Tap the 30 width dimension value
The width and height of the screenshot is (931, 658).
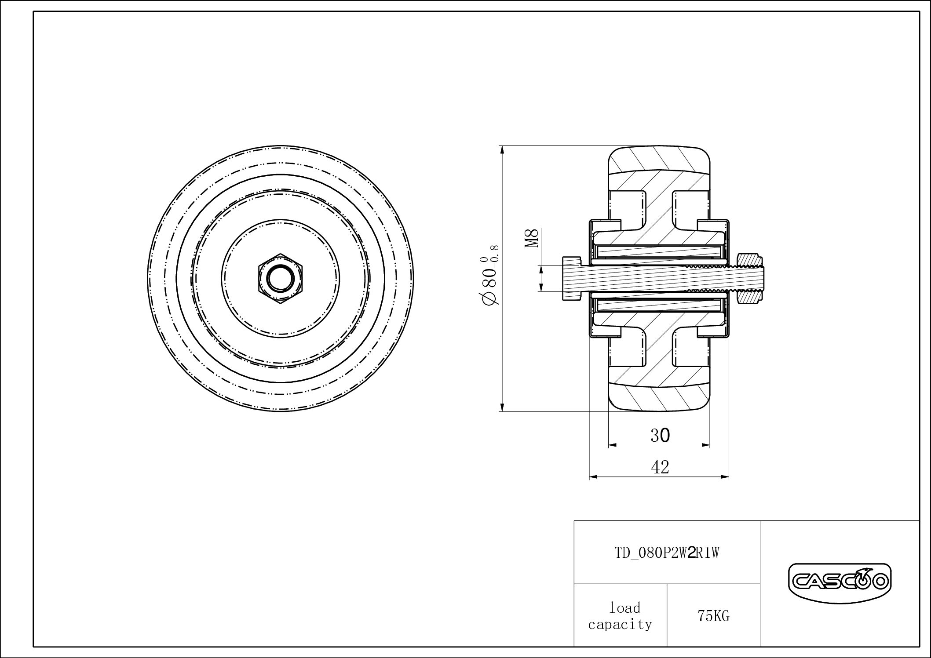click(x=660, y=435)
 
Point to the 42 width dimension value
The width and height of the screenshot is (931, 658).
click(x=660, y=467)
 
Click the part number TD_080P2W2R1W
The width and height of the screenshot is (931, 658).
click(x=667, y=553)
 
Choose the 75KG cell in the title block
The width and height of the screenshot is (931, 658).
click(x=713, y=616)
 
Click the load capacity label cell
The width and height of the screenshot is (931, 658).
click(x=621, y=615)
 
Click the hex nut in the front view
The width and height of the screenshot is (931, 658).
click(x=281, y=278)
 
